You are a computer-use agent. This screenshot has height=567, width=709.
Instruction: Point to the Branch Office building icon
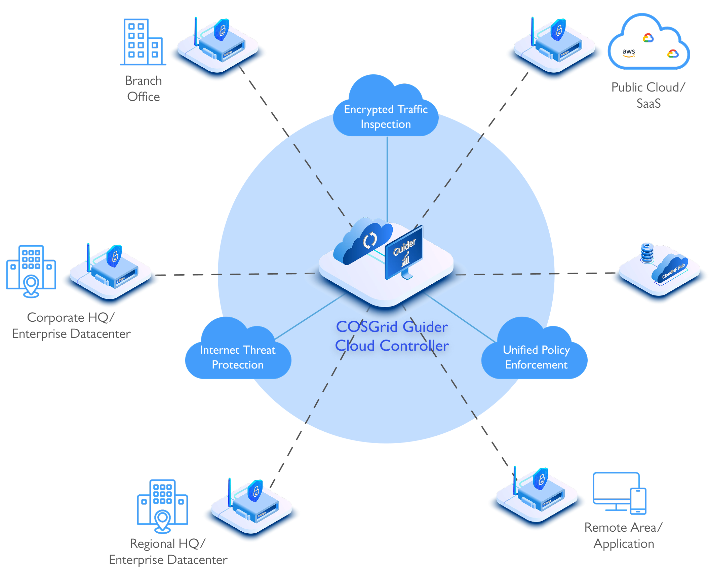tap(143, 42)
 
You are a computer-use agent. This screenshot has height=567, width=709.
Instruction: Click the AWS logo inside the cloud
tap(628, 52)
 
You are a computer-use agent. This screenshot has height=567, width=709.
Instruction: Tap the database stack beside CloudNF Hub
tap(647, 252)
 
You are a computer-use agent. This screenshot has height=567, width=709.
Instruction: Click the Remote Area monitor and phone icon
tap(619, 493)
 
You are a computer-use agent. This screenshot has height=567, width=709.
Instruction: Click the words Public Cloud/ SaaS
tap(648, 95)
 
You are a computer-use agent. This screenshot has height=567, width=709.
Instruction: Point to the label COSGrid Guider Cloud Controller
tap(392, 336)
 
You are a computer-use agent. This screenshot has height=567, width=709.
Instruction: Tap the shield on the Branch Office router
tap(222, 30)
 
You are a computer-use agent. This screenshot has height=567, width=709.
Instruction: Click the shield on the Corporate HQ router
tap(114, 256)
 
